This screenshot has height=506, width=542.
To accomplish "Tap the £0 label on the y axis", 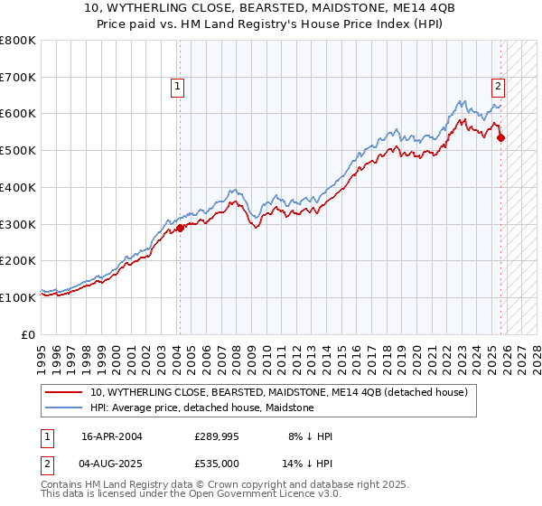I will [29, 334].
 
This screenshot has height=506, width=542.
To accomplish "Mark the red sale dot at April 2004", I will [180, 228].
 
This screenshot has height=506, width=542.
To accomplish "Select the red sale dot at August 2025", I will [501, 138].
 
